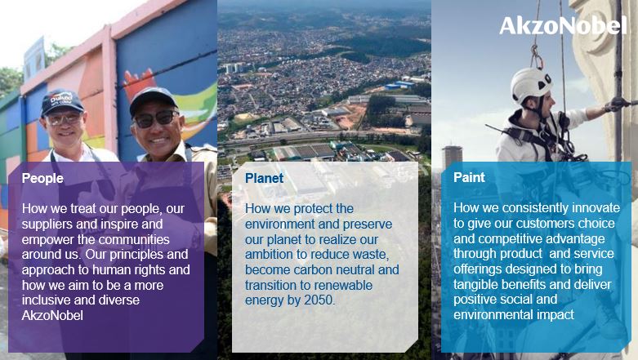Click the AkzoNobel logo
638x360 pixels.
563,25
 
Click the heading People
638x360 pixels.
42,178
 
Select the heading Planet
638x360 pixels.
264,178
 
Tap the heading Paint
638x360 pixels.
469,177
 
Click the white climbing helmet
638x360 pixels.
531,84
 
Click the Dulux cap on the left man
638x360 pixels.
61,102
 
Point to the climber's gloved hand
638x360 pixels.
615,104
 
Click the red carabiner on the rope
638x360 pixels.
537,58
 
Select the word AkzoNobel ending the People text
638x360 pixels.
52,316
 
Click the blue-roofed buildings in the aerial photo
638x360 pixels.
399,85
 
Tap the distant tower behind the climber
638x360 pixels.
452,158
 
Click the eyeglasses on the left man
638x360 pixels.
64,120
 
